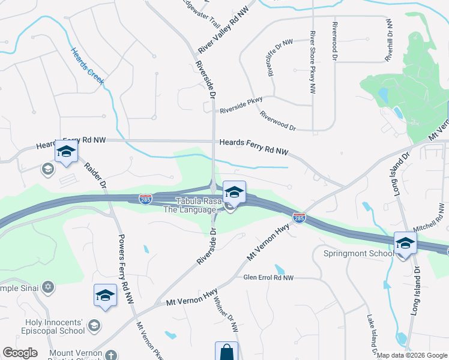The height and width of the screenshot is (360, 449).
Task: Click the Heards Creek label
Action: [x=88, y=67]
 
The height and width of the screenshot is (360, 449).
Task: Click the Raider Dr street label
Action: [x=95, y=176]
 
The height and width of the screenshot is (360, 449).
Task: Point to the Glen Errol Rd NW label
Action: [x=268, y=278]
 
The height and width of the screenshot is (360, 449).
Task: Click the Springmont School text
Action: [x=358, y=254]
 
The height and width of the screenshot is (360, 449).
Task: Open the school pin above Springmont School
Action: [x=405, y=244]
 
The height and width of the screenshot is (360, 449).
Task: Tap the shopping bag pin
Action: [x=226, y=352]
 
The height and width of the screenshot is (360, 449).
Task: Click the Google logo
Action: [x=19, y=353]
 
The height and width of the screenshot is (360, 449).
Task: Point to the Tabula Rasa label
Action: [x=194, y=201]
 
